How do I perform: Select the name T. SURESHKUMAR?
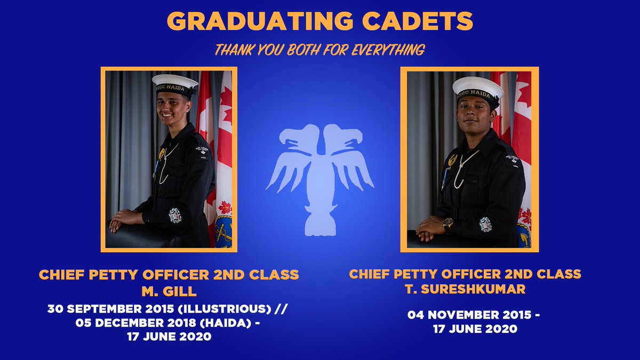465,290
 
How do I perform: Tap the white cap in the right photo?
477,85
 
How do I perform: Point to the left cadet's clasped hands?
122,219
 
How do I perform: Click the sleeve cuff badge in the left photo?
175,215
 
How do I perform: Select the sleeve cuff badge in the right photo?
485,224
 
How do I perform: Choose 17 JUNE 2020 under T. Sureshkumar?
475,329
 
